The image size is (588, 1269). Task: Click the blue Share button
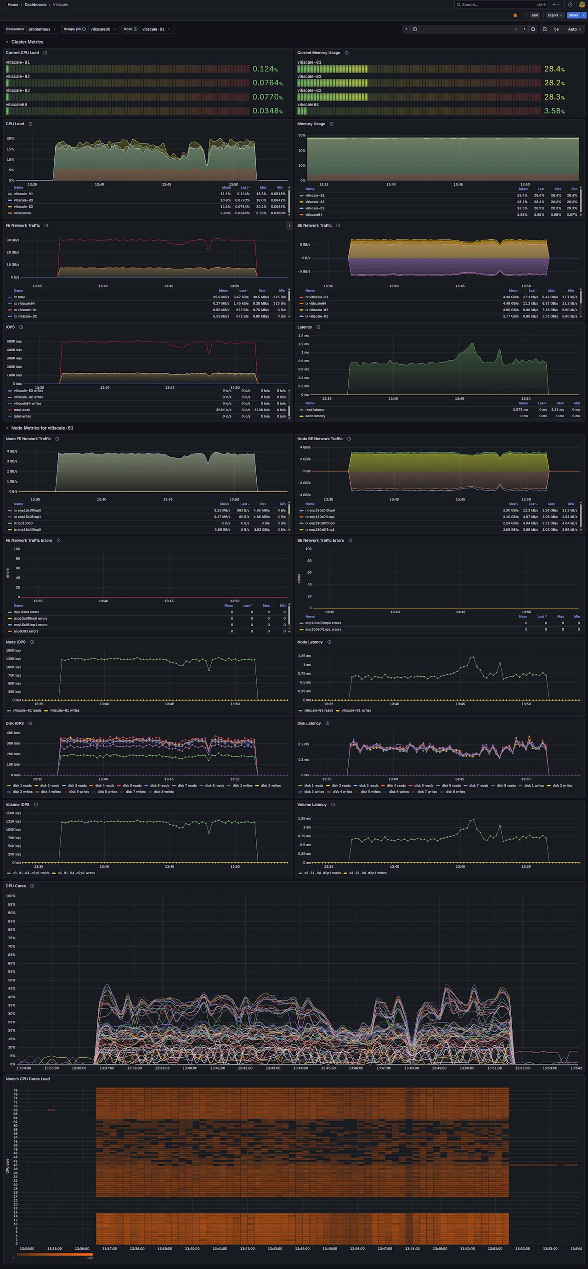573,15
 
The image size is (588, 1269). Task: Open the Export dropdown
554,15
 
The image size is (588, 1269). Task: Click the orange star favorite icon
515,15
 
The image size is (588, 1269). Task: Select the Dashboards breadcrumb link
35,5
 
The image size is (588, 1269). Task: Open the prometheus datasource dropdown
42,29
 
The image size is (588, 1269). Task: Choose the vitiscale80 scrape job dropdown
103,29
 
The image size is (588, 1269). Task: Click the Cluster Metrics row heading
27,42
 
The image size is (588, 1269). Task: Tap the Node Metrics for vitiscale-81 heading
42,428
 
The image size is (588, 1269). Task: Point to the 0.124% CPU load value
265,69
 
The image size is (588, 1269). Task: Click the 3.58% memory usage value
554,111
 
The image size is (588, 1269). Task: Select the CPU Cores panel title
16,886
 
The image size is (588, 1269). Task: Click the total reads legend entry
22,410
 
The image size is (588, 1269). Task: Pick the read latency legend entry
315,410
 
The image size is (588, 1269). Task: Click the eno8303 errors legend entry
26,631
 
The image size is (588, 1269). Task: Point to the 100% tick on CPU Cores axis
11,896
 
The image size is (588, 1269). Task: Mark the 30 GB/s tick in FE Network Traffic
12,240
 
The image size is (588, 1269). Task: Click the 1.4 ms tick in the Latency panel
304,336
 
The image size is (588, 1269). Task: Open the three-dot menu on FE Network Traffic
289,225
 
